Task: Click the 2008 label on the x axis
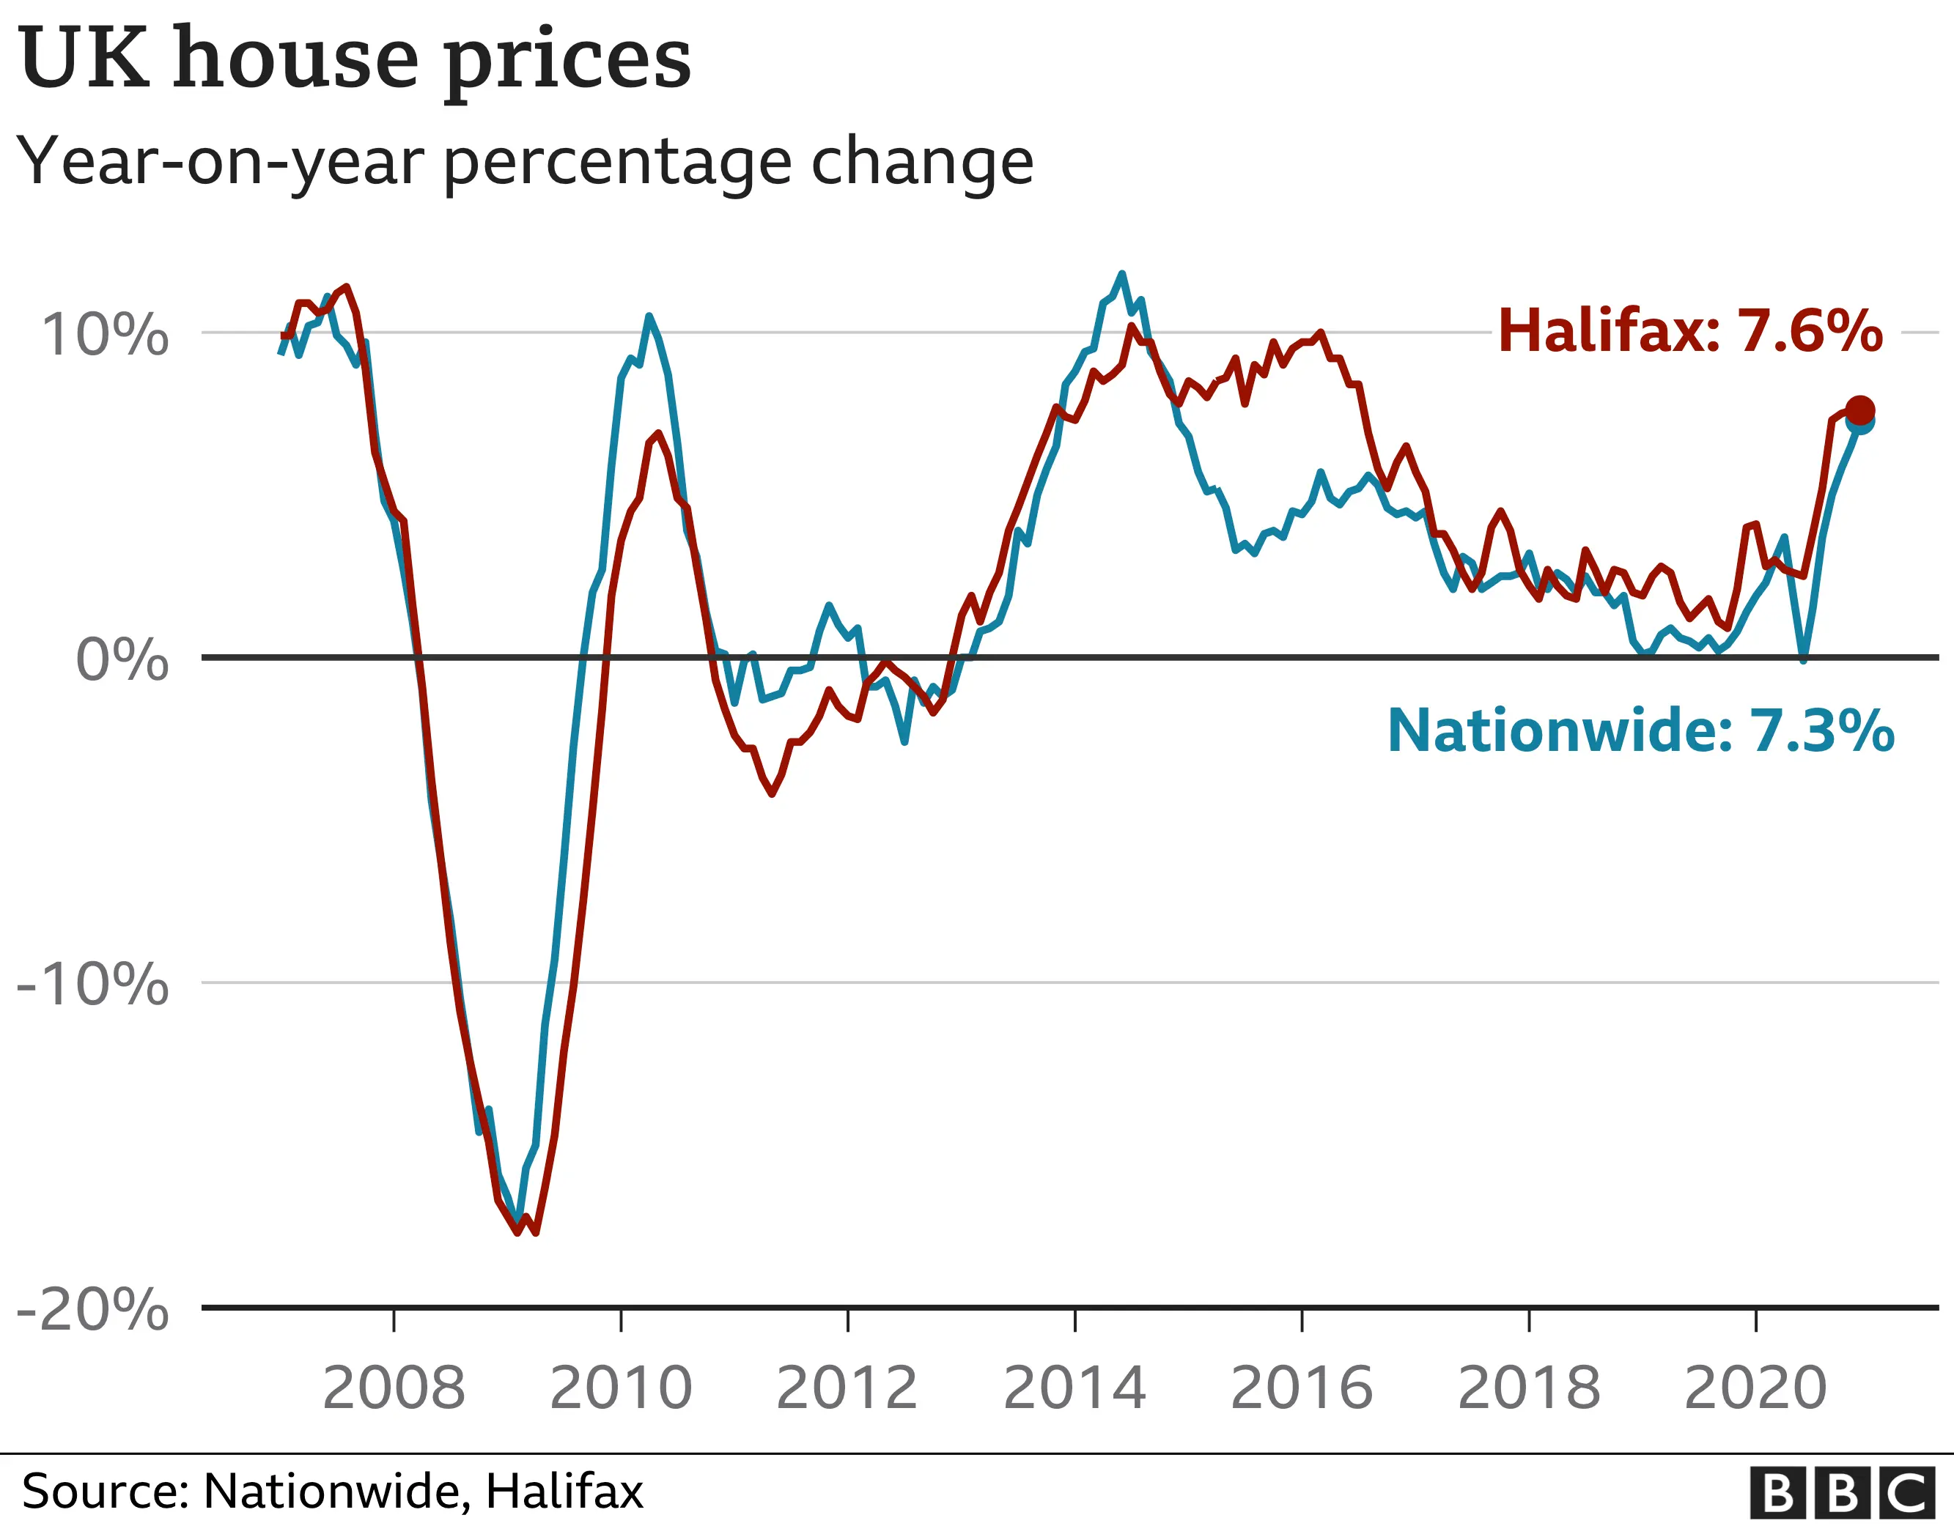tap(394, 1388)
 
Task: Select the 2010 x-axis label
tap(621, 1388)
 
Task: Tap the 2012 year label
tap(847, 1388)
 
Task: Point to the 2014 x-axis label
tap(1074, 1388)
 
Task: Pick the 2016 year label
tap(1302, 1388)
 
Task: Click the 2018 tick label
tap(1529, 1388)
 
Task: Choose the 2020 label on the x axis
tap(1755, 1388)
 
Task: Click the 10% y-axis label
tap(106, 336)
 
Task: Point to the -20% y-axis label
tap(93, 1311)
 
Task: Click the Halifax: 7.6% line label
tap(1689, 331)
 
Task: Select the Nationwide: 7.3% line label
tap(1640, 731)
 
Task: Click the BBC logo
tap(1848, 1493)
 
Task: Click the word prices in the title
tap(567, 61)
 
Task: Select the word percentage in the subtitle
tap(617, 163)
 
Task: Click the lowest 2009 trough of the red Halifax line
tap(518, 1234)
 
